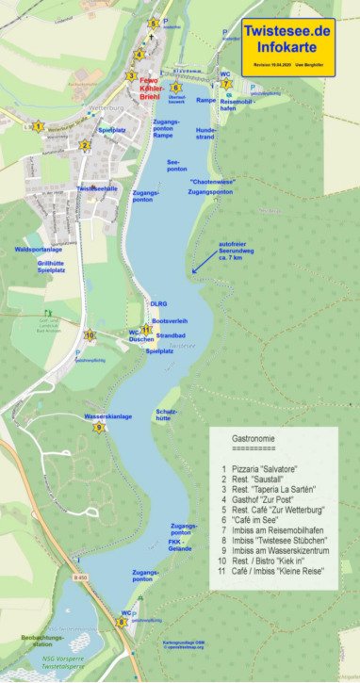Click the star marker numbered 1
[x=38, y=126]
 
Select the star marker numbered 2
[x=85, y=145]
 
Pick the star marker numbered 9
[x=98, y=428]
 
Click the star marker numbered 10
[x=90, y=335]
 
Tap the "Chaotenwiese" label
[x=212, y=180]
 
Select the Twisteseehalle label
[x=98, y=188]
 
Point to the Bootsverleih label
[x=170, y=320]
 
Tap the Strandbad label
[x=171, y=335]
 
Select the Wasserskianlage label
[x=107, y=415]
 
